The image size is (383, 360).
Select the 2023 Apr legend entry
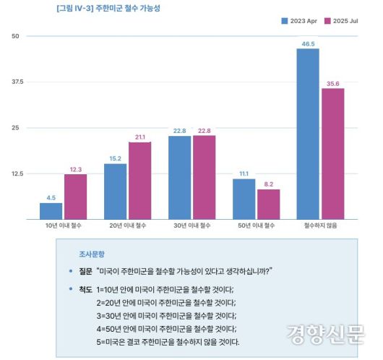[x=299, y=20]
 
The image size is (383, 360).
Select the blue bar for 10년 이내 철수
[x=51, y=210]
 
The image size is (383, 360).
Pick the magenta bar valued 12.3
[x=75, y=196]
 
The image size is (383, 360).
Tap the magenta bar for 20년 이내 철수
[x=139, y=180]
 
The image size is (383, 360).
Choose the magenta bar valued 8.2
[x=268, y=204]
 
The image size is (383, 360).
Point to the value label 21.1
[x=140, y=137]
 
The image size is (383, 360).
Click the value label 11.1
[x=244, y=173]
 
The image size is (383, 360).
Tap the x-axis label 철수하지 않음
[x=319, y=226]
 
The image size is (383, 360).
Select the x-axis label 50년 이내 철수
[x=256, y=226]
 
